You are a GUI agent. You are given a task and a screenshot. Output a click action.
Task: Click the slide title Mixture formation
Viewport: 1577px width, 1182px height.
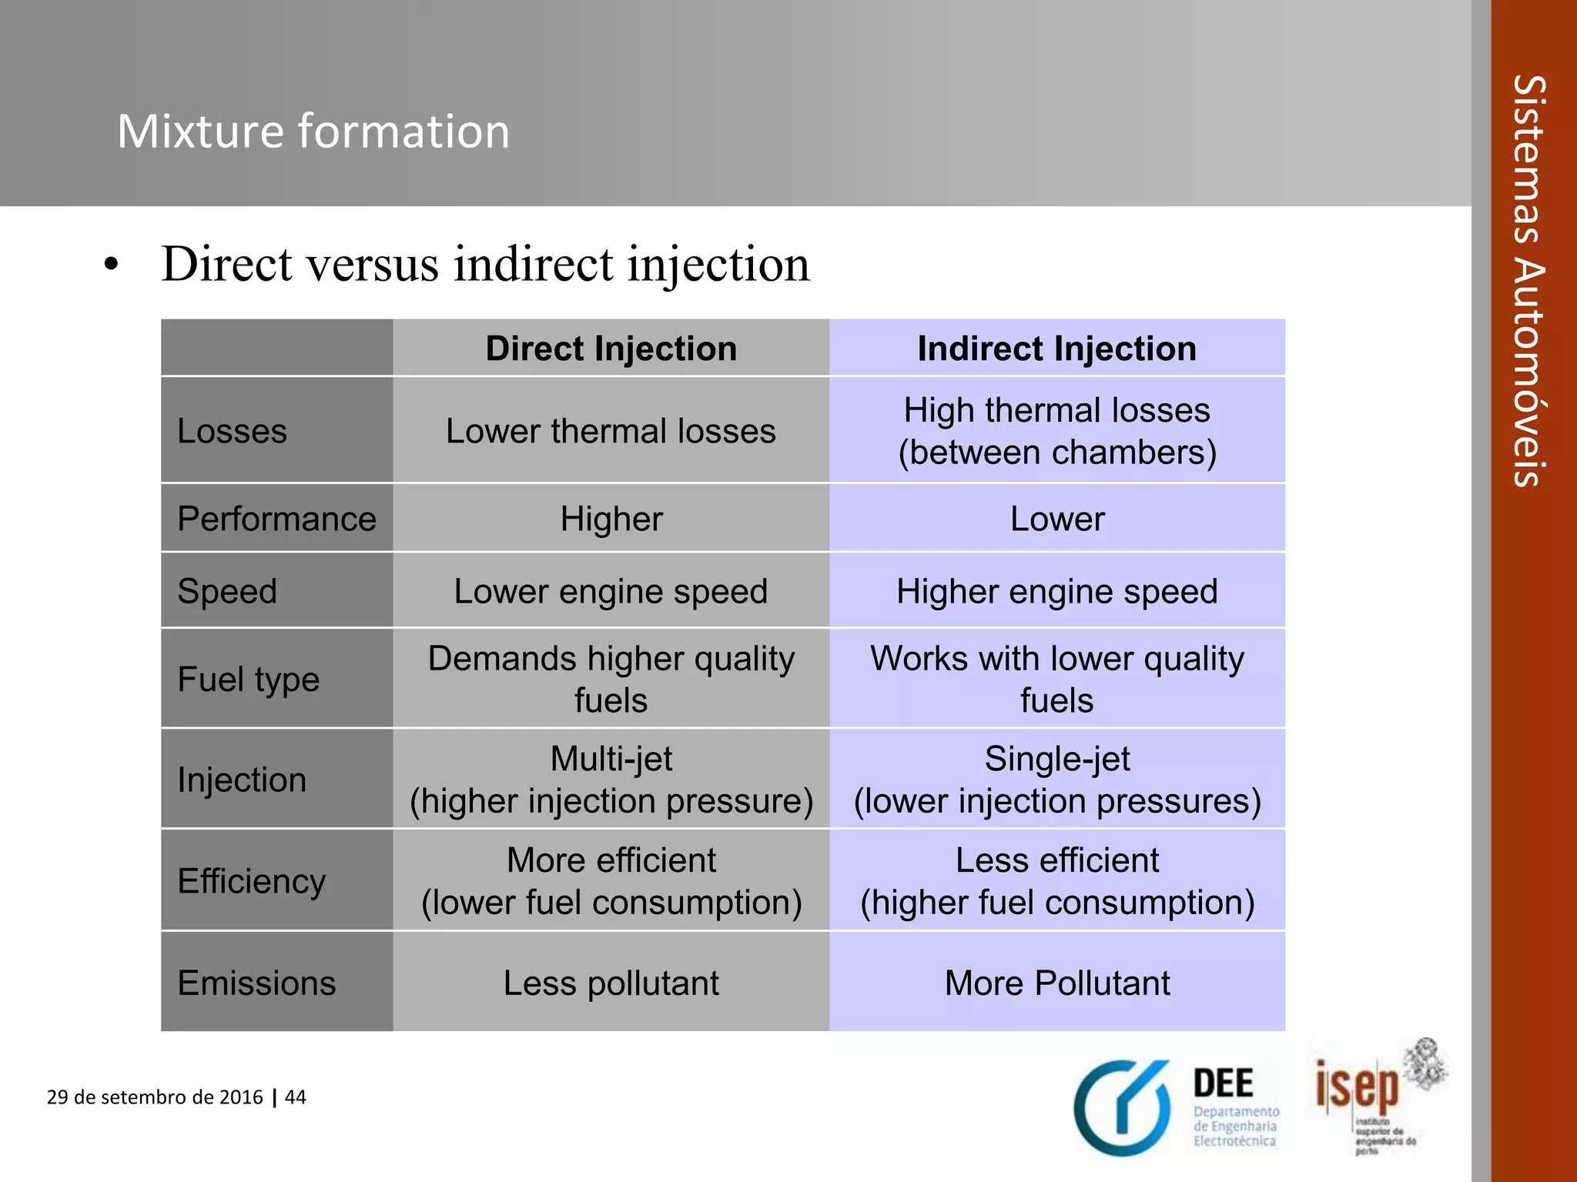pyautogui.click(x=313, y=131)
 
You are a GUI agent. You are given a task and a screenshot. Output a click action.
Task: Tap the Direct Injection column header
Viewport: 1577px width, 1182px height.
pyautogui.click(x=611, y=349)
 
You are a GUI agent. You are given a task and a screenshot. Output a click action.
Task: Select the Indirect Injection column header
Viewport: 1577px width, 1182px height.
pyautogui.click(x=1056, y=349)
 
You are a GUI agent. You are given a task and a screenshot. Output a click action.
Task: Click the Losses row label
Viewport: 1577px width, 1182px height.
pyautogui.click(x=232, y=431)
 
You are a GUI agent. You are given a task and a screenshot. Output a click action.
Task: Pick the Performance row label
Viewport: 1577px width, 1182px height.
pyautogui.click(x=276, y=519)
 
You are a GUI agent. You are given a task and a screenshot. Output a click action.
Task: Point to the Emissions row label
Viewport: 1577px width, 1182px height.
pyautogui.click(x=256, y=983)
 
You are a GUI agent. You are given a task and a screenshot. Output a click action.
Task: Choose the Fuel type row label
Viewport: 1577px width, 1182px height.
pyautogui.click(x=248, y=679)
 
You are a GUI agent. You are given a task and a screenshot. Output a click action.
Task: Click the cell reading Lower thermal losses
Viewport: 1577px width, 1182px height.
pyautogui.click(x=611, y=431)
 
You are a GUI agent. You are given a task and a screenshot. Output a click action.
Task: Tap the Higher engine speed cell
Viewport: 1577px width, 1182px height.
pyautogui.click(x=1056, y=591)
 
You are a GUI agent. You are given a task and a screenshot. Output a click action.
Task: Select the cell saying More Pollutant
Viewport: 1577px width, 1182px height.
pyautogui.click(x=1056, y=983)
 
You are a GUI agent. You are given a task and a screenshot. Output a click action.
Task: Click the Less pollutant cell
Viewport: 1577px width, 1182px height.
pyautogui.click(x=611, y=983)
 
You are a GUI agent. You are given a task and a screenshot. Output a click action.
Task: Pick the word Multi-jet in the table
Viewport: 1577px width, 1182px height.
pyautogui.click(x=611, y=759)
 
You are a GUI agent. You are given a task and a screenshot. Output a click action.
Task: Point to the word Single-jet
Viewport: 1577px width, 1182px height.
pyautogui.click(x=1056, y=759)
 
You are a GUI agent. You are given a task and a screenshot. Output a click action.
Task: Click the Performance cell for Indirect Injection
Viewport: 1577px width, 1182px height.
pyautogui.click(x=1056, y=519)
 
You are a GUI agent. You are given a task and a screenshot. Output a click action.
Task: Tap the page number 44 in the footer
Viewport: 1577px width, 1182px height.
pyautogui.click(x=296, y=1097)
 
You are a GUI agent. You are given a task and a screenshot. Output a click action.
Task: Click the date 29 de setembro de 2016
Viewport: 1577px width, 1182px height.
pyautogui.click(x=155, y=1097)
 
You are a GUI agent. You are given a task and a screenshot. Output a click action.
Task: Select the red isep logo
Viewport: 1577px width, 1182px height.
pyautogui.click(x=1357, y=1087)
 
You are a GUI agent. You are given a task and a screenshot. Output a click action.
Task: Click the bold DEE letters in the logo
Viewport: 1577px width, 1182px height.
pyautogui.click(x=1223, y=1083)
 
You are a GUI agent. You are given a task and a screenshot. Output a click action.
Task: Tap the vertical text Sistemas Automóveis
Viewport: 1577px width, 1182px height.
pyautogui.click(x=1529, y=281)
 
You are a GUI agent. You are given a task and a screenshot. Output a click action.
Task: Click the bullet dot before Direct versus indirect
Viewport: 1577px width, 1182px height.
pyautogui.click(x=112, y=265)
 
